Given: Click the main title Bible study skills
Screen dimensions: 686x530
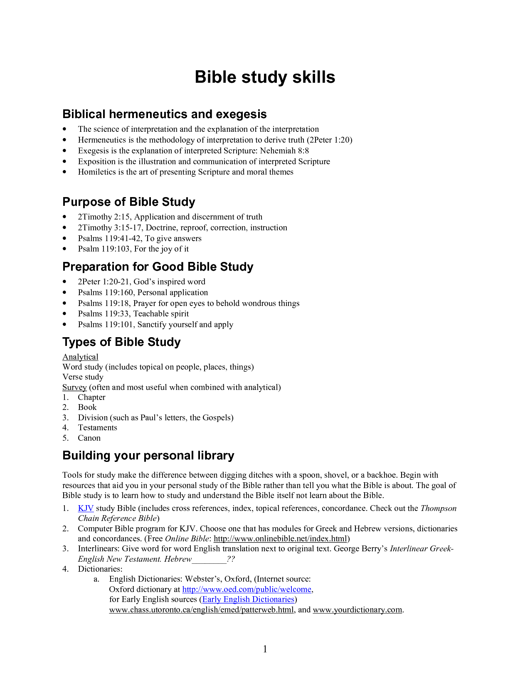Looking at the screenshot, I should coord(265,77).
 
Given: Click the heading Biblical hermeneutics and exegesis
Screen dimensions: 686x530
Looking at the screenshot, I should coord(164,114).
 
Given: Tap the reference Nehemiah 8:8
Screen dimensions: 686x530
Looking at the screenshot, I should coord(284,151).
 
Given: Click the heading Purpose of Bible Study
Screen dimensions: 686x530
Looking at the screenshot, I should coord(128,202).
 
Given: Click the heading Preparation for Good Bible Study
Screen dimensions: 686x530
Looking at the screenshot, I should coord(158,267).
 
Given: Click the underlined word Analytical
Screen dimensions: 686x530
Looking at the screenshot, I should coord(80,357).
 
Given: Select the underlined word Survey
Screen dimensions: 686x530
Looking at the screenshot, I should coord(74,387).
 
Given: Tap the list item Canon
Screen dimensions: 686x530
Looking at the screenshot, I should coord(89,438).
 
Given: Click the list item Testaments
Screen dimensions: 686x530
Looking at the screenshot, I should coord(97,428).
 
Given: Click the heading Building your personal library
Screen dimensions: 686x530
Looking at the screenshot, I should coord(148,456).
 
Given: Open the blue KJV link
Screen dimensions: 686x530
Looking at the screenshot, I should coord(86,508).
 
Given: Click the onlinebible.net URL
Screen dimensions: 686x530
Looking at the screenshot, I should coord(280,539).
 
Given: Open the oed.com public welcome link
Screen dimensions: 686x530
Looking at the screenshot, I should coord(247,590).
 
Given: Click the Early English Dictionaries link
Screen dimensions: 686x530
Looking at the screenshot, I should coord(248,600).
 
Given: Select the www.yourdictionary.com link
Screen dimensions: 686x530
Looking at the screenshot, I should coord(357,610).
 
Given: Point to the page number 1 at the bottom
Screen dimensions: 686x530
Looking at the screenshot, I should coord(265,649).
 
